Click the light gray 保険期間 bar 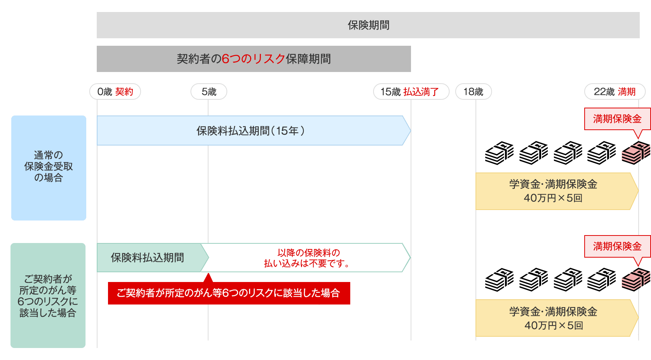368,25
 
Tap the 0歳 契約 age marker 115,92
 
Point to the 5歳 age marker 209,92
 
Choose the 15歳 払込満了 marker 411,92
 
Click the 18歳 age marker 473,92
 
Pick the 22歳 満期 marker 615,92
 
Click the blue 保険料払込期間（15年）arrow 250,130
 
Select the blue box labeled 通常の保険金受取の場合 49,168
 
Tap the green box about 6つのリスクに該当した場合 48,295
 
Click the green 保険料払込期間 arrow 148,258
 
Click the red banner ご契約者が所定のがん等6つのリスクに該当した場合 229,293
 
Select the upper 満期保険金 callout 617,119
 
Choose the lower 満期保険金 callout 617,246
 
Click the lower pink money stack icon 635,280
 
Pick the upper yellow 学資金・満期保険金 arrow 553,191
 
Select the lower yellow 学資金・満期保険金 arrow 553,318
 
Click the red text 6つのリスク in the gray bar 253,59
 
